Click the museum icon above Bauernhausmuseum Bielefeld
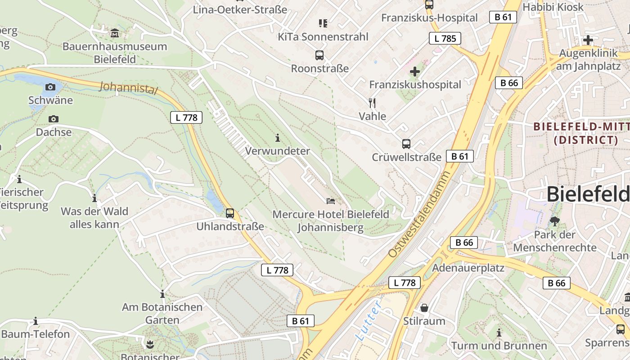click(115, 33)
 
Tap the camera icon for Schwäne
click(50, 87)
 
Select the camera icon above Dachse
click(54, 119)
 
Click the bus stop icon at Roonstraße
click(319, 55)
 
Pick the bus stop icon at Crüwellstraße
click(406, 144)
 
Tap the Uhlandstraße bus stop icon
click(230, 213)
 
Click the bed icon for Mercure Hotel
click(331, 201)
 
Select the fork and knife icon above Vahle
click(372, 103)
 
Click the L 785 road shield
click(445, 38)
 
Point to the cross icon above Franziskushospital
click(415, 71)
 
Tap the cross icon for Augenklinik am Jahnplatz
click(588, 40)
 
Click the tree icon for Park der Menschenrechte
click(555, 221)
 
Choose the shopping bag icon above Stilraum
click(424, 308)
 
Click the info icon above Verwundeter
click(278, 137)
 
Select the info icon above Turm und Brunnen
click(499, 333)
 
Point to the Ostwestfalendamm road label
click(419, 214)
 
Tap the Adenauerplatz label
click(468, 268)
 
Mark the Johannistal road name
click(129, 87)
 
